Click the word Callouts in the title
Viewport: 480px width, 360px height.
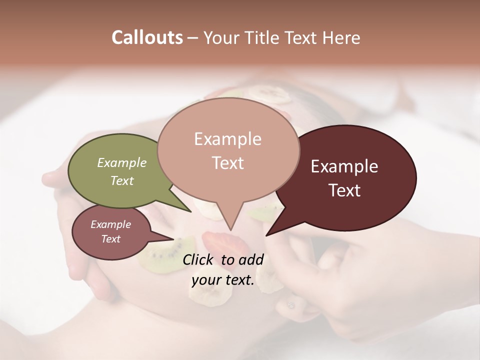[147, 37]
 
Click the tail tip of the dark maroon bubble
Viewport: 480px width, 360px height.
[266, 235]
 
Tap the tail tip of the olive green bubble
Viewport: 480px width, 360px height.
[191, 211]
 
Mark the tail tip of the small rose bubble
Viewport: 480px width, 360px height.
[173, 239]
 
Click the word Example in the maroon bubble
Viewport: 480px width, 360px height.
[344, 166]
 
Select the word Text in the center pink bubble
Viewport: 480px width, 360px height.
[228, 163]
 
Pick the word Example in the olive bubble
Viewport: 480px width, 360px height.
[122, 163]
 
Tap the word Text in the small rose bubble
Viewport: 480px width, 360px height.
[111, 239]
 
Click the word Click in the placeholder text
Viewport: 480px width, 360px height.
[199, 259]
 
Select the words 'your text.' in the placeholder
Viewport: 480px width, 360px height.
[223, 280]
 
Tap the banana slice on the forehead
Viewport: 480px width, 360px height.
[270, 93]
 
